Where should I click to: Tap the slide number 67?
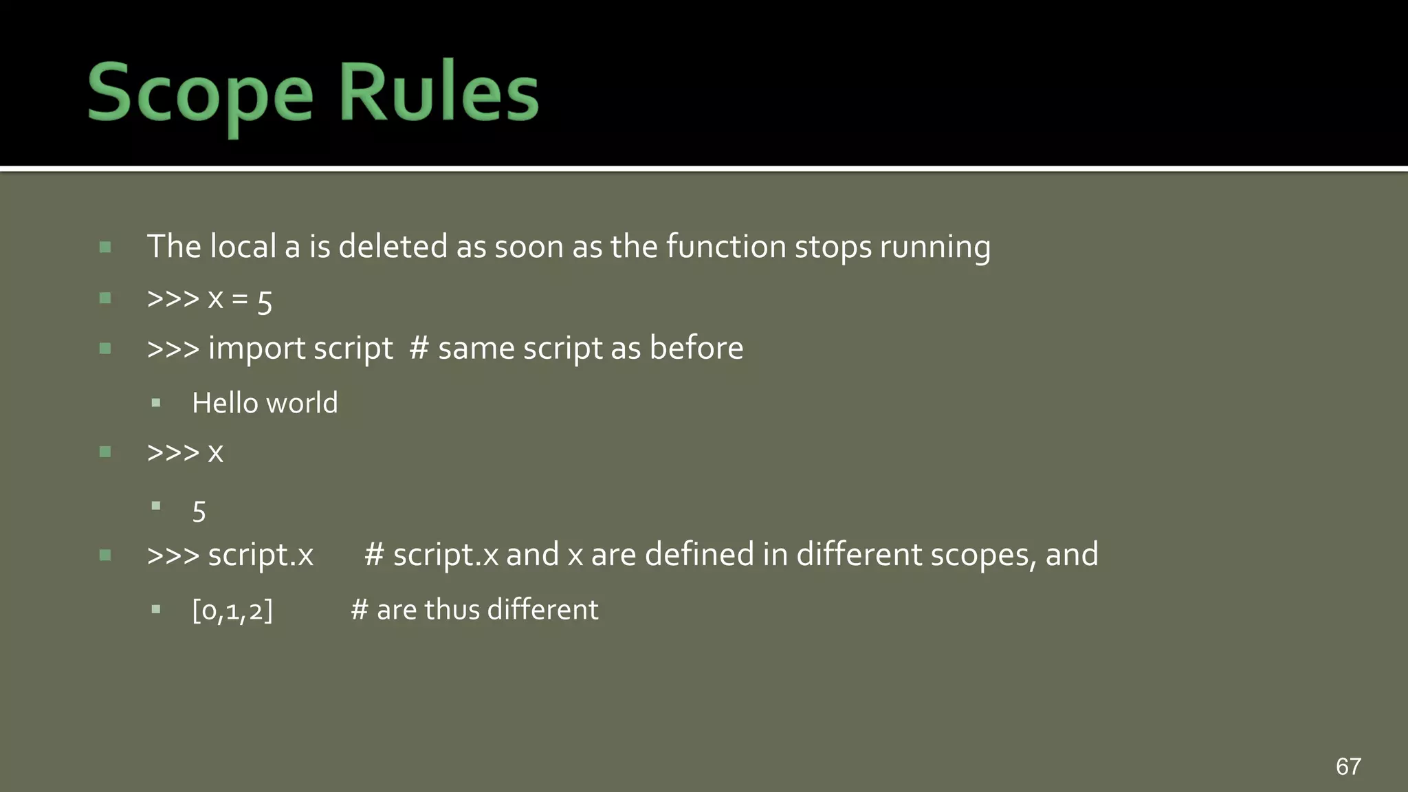tap(1348, 766)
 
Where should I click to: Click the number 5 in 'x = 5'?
tap(265, 301)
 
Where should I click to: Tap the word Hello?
tap(224, 403)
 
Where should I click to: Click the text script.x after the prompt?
tap(261, 555)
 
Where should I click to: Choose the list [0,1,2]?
tap(232, 610)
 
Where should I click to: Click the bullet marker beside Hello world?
tap(156, 403)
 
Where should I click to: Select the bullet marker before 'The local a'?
tap(105, 247)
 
